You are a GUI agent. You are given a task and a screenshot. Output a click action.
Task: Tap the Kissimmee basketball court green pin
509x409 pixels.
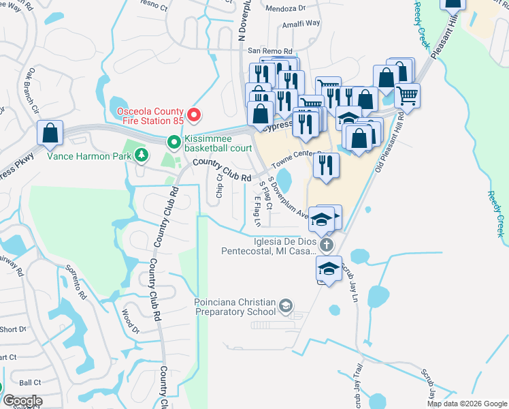point(174,142)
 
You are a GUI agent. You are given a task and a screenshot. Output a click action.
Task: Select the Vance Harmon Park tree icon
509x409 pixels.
point(142,155)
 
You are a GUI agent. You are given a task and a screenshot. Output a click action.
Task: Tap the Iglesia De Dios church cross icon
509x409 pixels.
point(327,245)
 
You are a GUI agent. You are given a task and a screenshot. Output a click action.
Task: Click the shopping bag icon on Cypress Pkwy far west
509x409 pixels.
point(50,134)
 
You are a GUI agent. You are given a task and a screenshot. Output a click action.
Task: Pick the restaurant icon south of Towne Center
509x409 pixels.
point(326,166)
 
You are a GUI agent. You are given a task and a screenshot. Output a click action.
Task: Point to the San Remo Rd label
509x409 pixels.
point(269,51)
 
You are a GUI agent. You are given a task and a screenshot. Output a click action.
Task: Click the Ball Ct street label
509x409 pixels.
point(30,383)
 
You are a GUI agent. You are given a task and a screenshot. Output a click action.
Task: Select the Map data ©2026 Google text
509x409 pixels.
point(467,403)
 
